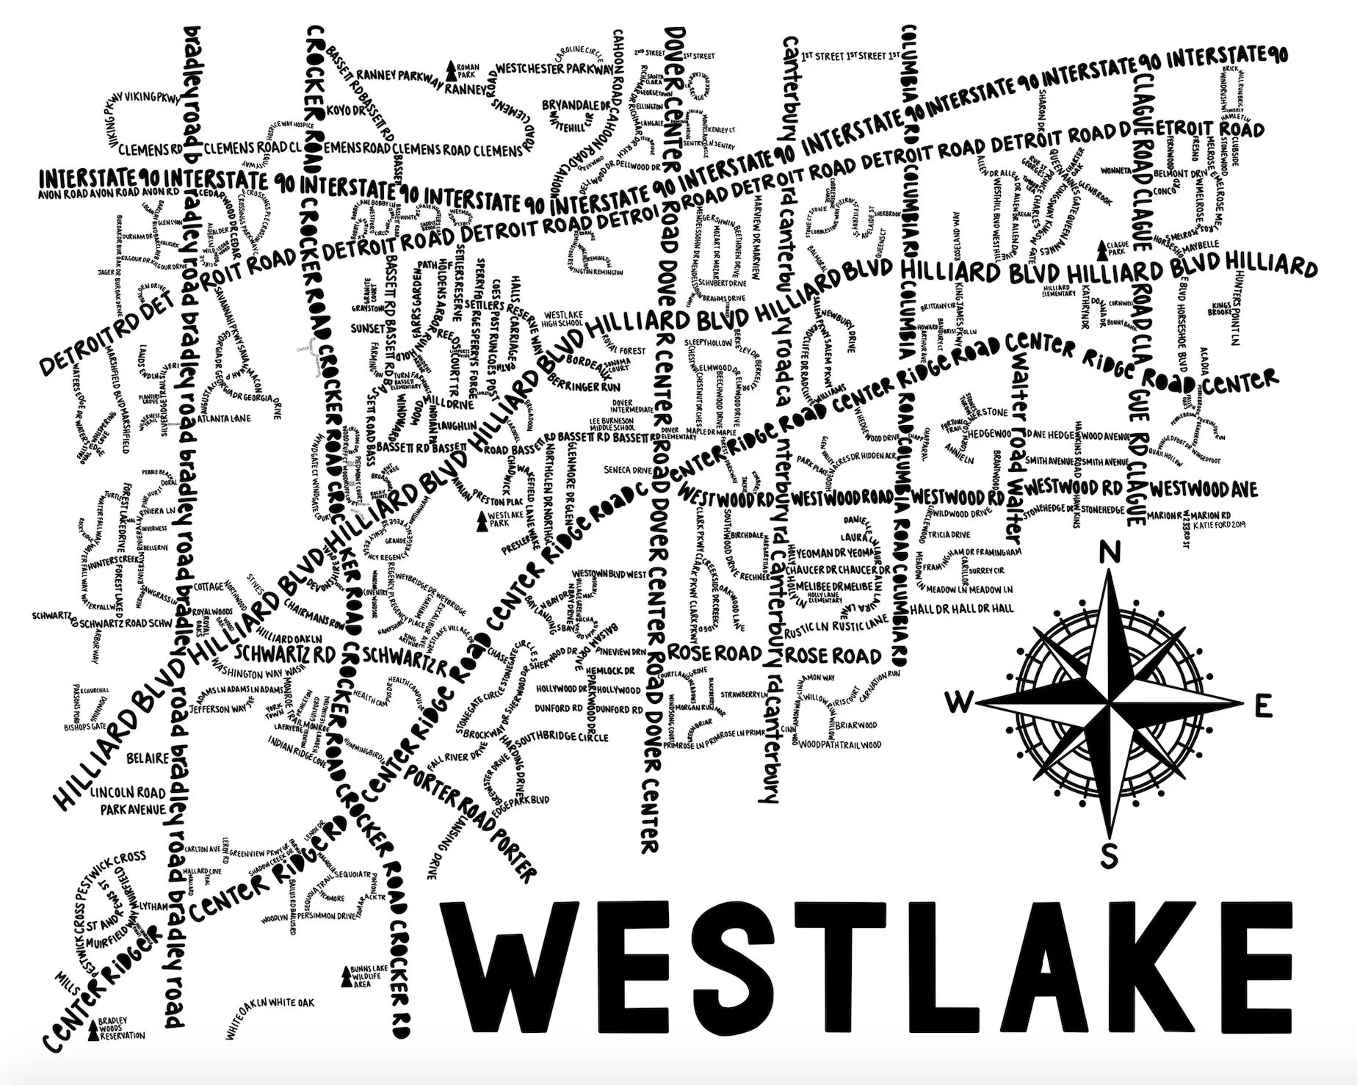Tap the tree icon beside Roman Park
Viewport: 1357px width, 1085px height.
[452, 70]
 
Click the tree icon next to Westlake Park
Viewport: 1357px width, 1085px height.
[482, 521]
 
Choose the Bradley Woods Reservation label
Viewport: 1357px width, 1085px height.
[118, 1028]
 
